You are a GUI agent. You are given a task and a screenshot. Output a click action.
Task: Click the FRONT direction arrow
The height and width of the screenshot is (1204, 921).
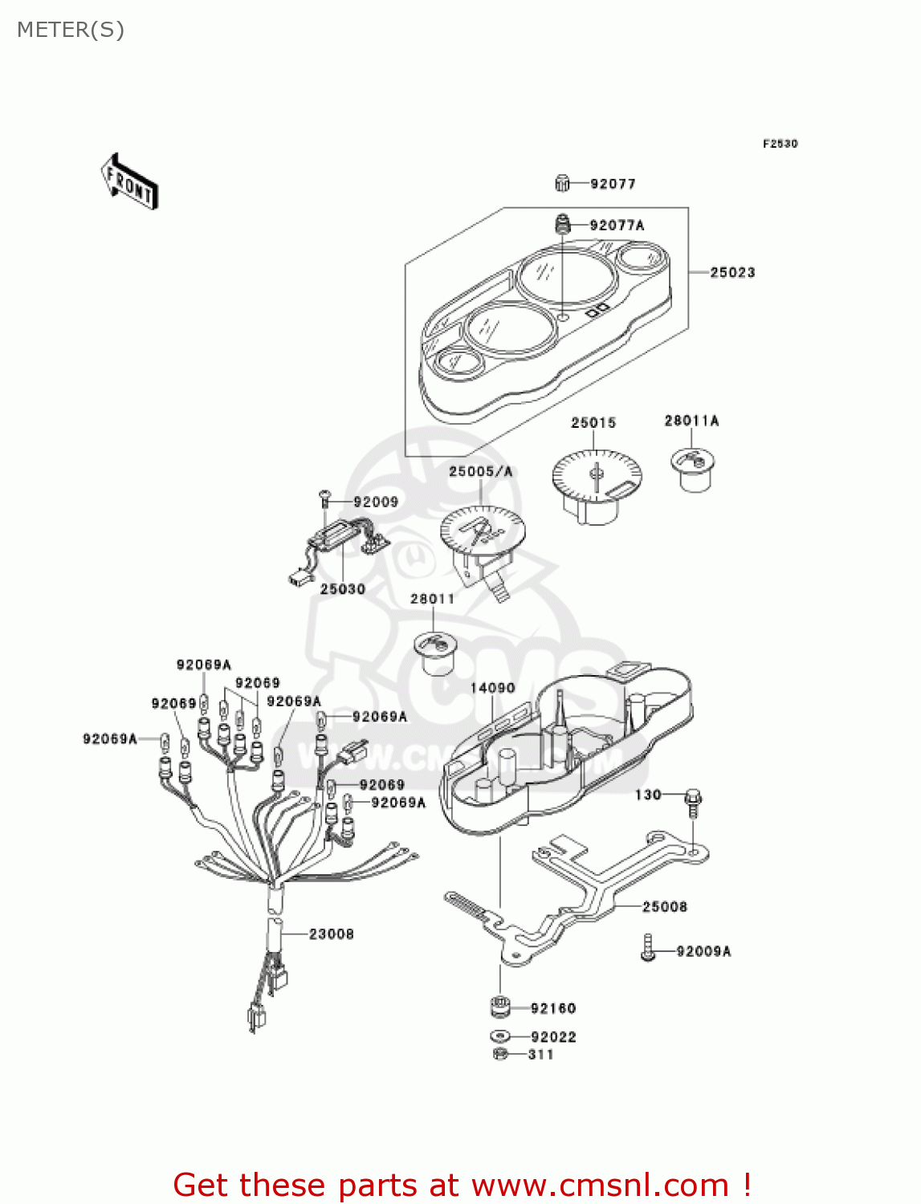(x=128, y=182)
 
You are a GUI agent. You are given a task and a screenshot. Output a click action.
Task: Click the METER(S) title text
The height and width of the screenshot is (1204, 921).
(x=71, y=31)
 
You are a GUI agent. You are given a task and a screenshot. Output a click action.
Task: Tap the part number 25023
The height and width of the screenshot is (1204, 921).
(x=732, y=273)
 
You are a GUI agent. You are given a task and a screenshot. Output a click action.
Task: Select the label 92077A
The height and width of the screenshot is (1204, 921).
(x=617, y=226)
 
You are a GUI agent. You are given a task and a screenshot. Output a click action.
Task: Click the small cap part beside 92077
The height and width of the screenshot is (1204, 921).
(x=562, y=184)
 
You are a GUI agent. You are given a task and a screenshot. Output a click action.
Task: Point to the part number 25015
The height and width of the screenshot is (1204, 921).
(x=593, y=423)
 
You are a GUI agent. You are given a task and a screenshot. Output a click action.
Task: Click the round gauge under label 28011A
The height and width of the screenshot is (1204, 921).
(x=692, y=469)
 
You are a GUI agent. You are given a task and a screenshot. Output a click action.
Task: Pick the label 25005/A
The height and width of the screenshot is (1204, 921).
(x=480, y=472)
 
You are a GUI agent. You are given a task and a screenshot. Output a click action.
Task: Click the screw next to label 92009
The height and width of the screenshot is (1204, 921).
(x=325, y=498)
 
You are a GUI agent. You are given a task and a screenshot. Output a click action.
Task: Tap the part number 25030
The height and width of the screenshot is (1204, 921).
(x=343, y=589)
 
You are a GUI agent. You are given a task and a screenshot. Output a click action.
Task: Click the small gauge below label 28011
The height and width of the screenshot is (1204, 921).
(x=434, y=653)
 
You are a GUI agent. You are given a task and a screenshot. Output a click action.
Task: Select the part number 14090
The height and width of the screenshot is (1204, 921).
(x=492, y=689)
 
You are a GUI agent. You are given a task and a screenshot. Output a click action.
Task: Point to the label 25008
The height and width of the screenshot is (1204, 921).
(x=665, y=907)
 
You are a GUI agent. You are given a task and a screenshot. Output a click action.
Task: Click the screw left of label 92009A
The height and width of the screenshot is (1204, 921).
(x=648, y=948)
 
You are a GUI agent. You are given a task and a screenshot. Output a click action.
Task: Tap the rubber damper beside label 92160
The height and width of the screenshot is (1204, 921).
(x=501, y=1007)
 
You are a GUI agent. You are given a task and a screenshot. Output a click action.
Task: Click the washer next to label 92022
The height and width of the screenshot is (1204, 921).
(x=500, y=1036)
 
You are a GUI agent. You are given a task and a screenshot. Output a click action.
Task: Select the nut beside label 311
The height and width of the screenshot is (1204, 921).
(x=499, y=1054)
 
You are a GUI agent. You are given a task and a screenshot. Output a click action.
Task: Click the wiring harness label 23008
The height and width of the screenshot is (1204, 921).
(x=332, y=934)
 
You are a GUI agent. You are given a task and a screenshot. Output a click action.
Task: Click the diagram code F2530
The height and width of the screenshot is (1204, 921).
(x=780, y=144)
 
